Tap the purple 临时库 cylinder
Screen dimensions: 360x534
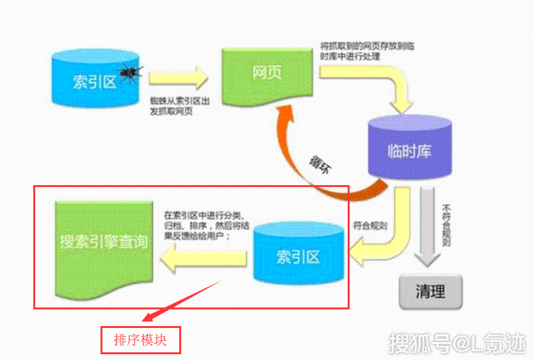point(410,152)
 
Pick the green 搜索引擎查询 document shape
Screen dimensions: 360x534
point(104,247)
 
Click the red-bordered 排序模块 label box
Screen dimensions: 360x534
point(140,340)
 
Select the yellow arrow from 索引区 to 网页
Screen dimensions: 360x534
point(179,79)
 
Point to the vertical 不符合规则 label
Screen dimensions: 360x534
point(447,225)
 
